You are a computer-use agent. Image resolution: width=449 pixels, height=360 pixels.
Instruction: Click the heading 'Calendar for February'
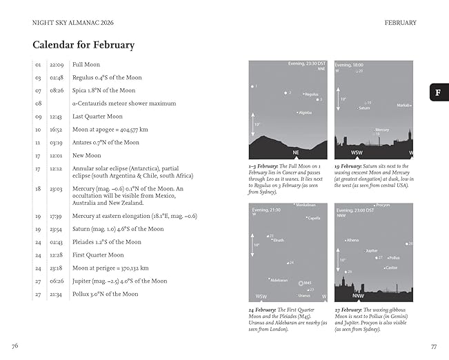pos(83,46)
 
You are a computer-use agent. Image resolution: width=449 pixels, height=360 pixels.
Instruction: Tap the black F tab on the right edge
pos(438,92)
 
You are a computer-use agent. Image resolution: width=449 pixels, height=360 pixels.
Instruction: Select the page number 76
pos(15,346)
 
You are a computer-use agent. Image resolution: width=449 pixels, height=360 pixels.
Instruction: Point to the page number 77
pos(433,346)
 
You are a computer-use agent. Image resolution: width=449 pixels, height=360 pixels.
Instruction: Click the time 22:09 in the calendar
pos(57,64)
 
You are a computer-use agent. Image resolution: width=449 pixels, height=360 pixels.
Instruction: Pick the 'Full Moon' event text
pos(87,64)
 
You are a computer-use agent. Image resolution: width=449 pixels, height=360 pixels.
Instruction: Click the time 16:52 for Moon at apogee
pos(57,129)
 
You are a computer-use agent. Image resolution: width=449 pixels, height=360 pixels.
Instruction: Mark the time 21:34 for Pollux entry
pos(57,294)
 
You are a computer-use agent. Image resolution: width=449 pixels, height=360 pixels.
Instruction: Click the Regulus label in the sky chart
pos(311,94)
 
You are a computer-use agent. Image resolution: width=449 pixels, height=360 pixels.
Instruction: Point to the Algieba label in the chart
pos(305,112)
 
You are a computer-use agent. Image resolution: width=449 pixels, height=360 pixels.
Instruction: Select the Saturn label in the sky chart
pos(364,108)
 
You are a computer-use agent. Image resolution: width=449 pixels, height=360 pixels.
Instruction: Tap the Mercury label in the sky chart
pos(382,129)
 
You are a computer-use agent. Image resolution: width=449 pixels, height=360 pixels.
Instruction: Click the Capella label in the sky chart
pos(314,218)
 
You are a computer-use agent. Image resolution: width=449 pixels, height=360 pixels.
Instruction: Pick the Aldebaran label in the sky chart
pos(279,280)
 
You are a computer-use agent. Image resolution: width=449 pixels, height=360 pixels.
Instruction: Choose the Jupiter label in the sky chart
pos(372,251)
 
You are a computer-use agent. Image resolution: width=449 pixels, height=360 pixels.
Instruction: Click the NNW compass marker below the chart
pos(358,297)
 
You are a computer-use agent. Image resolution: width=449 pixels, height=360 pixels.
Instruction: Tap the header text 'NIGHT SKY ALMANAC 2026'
pos(64,22)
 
